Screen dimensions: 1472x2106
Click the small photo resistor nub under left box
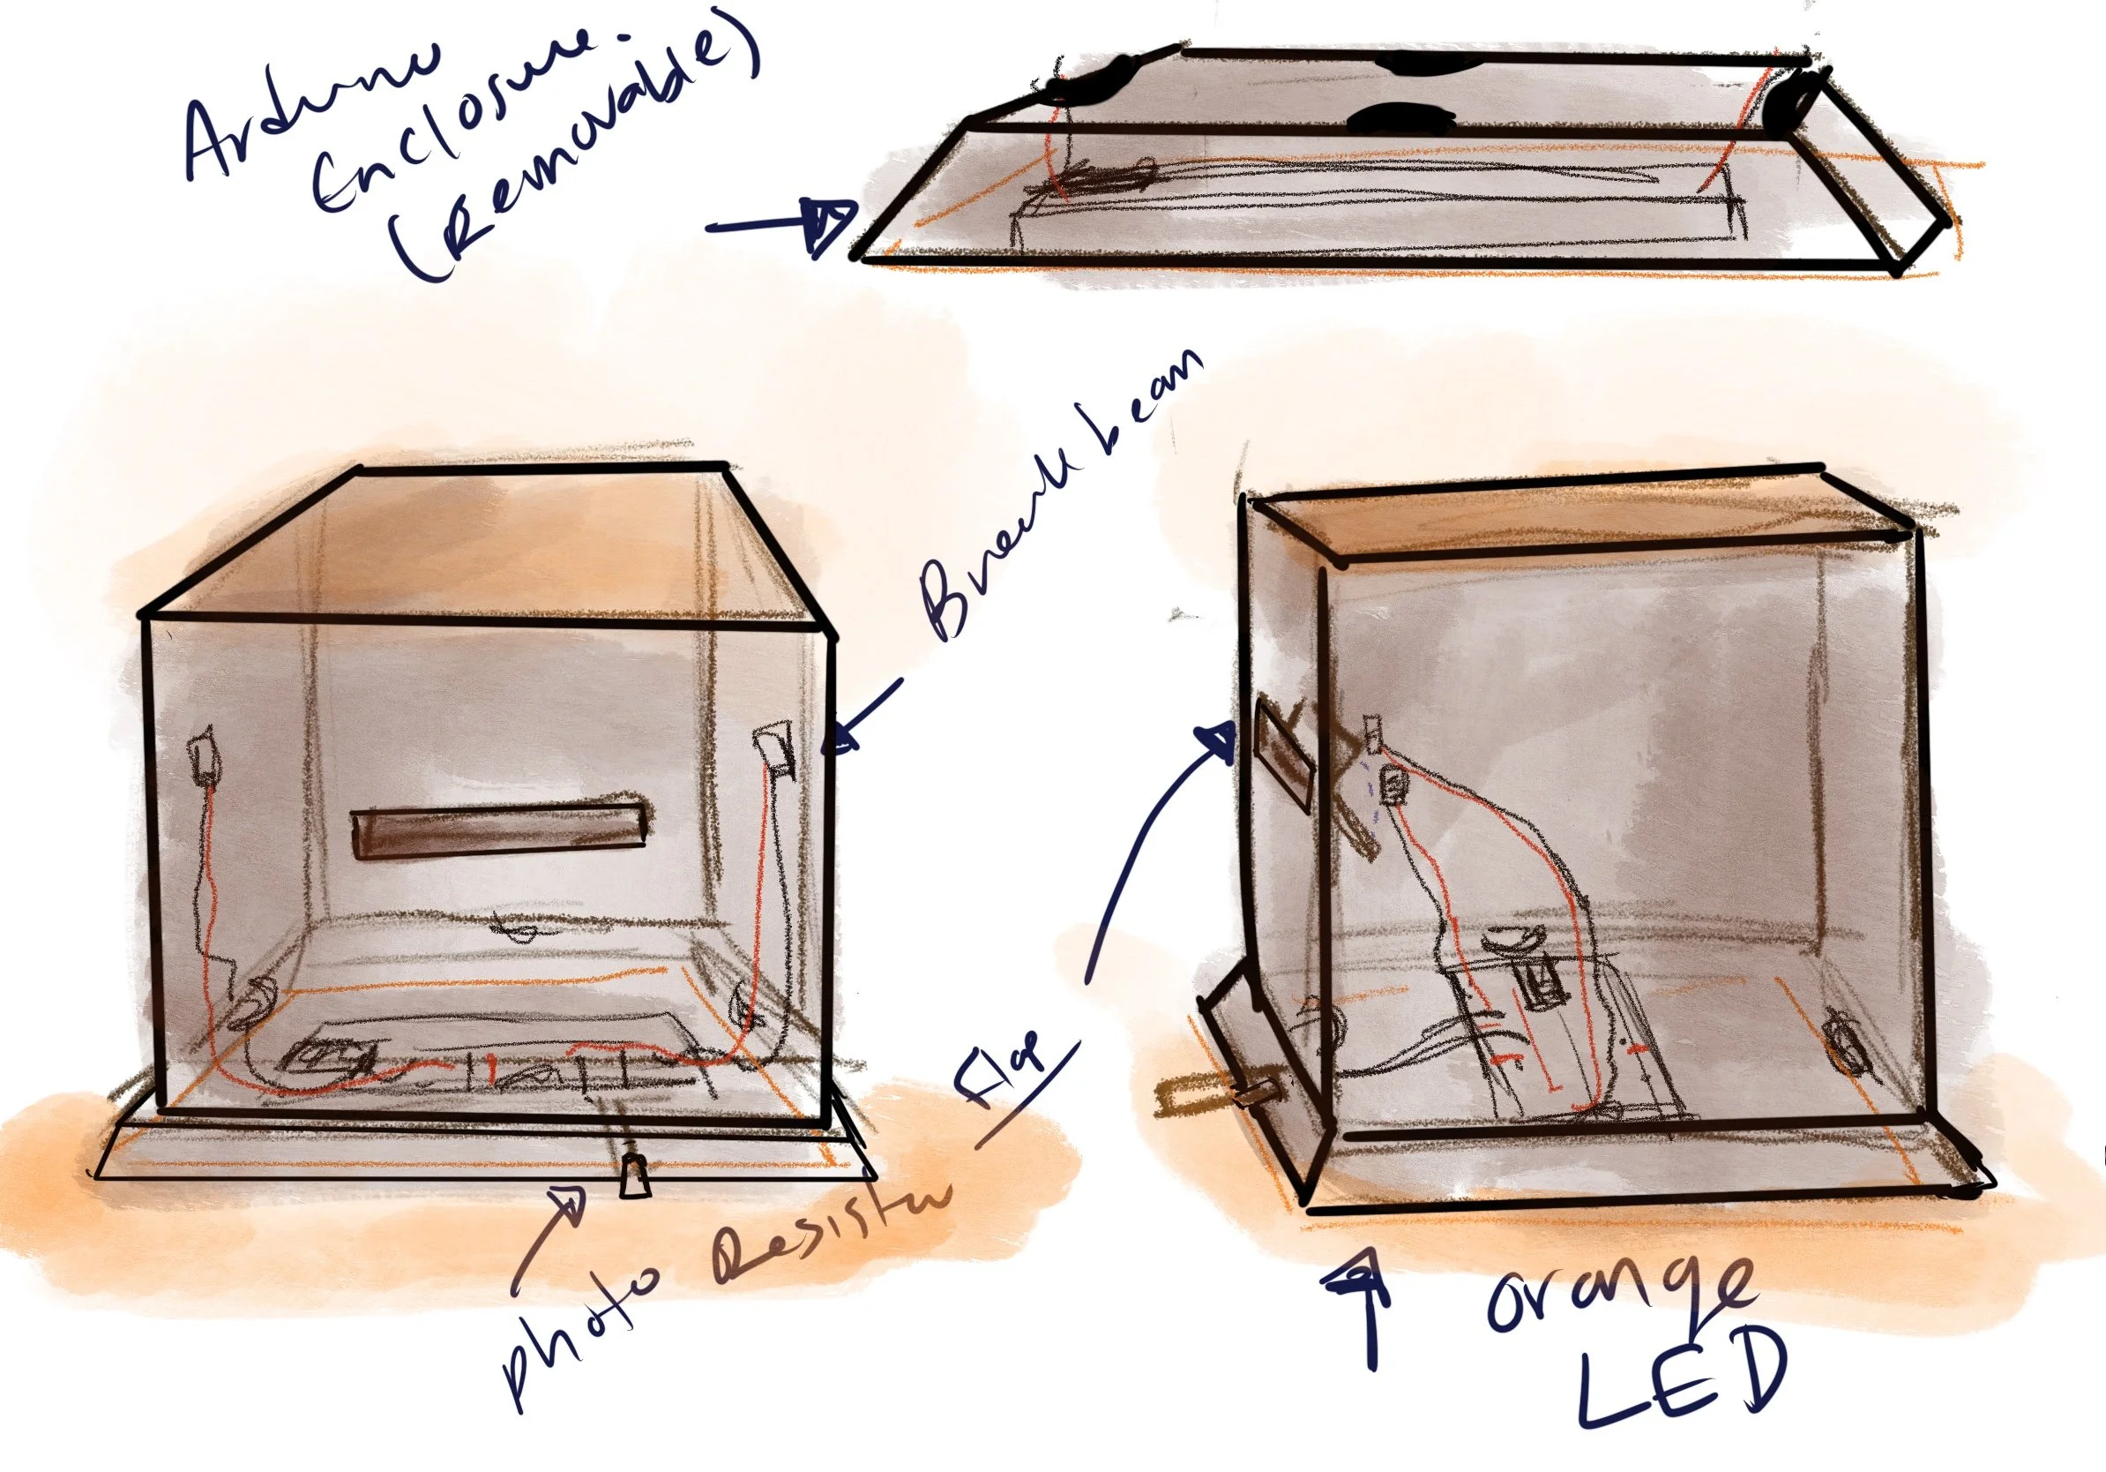[633, 1175]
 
